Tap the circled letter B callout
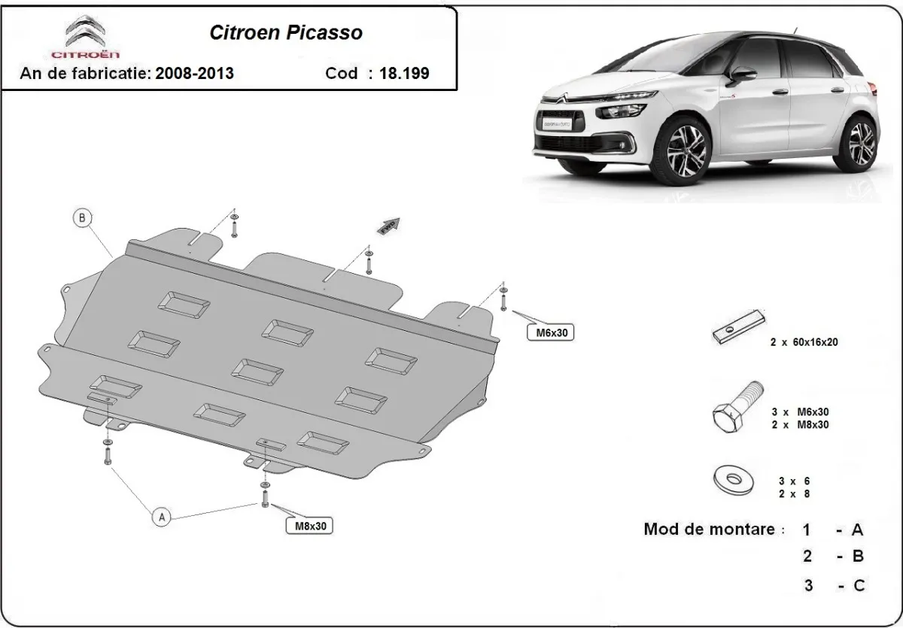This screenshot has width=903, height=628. [x=81, y=219]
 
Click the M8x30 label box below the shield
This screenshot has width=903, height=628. [x=309, y=526]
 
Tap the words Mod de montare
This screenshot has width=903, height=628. [x=709, y=529]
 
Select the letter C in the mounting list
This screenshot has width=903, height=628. [x=858, y=586]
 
